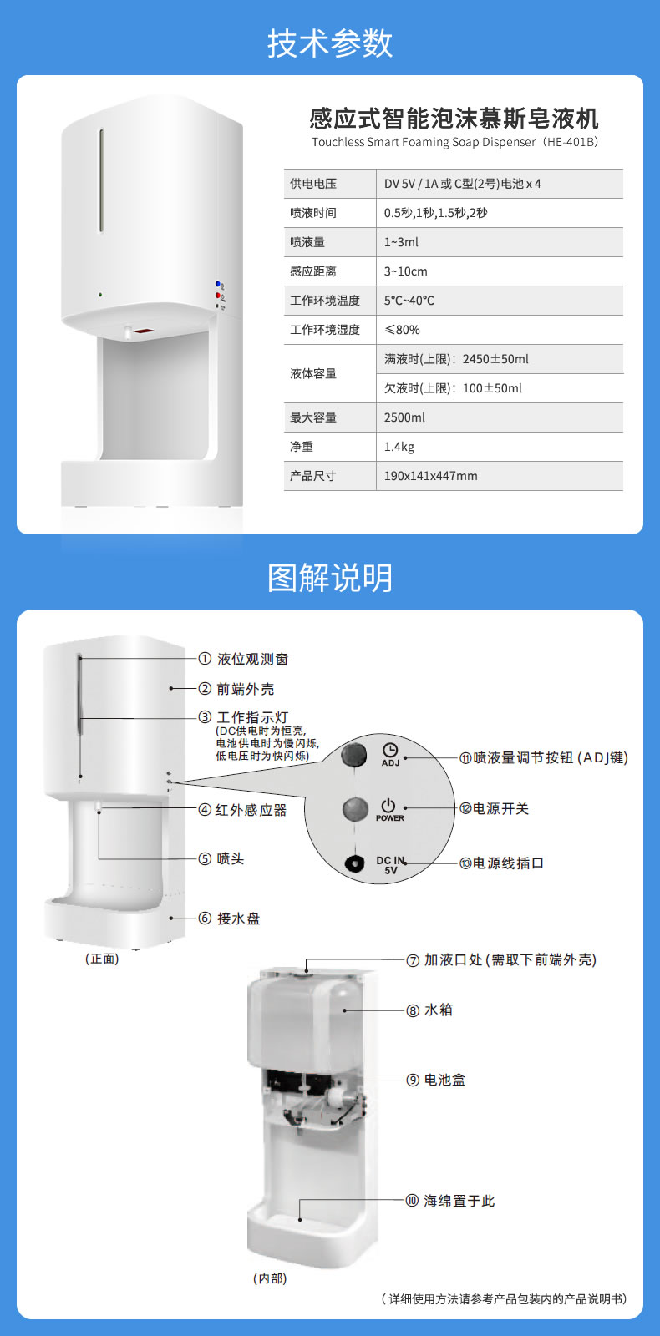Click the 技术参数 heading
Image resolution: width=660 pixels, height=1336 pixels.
329,43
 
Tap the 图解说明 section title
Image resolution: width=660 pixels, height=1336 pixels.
329,577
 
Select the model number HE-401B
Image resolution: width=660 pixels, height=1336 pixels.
571,142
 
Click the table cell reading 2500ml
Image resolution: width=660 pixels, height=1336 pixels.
404,417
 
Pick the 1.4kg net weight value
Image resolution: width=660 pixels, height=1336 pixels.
399,447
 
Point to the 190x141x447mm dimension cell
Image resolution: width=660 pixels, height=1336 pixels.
431,476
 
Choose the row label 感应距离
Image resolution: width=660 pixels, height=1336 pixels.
313,271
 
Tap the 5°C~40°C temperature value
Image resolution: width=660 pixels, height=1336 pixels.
409,301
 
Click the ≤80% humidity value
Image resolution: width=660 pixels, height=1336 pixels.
402,330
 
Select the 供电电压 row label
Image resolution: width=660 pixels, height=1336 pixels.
313,184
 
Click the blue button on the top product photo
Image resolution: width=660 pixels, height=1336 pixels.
218,285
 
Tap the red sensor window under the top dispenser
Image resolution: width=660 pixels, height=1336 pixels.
145,330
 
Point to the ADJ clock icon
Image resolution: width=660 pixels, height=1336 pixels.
390,750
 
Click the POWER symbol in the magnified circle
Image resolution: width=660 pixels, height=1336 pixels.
388,805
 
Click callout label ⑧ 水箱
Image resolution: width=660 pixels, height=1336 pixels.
429,1010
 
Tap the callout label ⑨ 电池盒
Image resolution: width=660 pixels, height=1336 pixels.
436,1080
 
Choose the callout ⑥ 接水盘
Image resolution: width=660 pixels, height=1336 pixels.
229,918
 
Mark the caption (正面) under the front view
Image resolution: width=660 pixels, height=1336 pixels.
102,959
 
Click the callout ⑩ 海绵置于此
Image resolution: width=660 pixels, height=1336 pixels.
450,1201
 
